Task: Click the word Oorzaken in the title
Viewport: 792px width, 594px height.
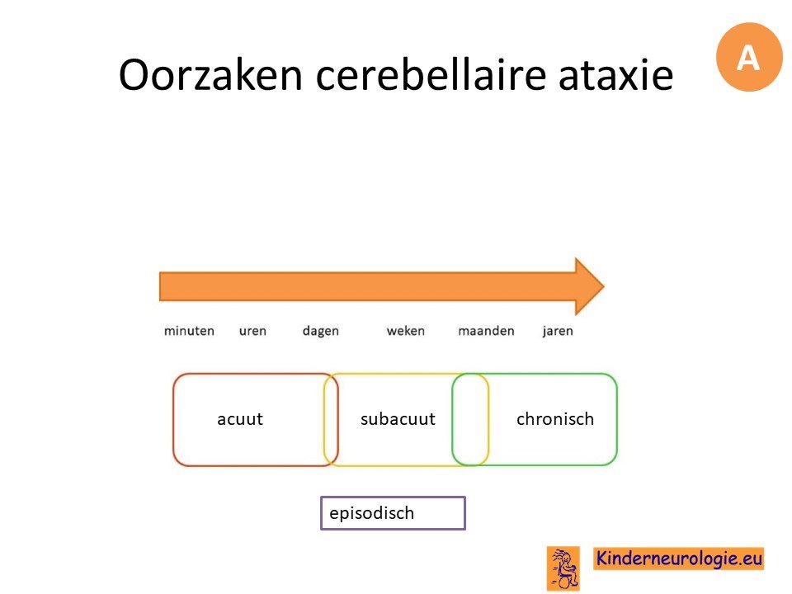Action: [x=210, y=74]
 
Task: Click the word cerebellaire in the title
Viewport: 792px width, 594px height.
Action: [x=431, y=74]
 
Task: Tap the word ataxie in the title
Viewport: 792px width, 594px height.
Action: [x=616, y=74]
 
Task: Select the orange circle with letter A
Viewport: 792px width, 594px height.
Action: [x=749, y=57]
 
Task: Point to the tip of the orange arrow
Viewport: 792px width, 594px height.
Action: [x=604, y=286]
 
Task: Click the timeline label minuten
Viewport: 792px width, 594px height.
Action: [x=189, y=331]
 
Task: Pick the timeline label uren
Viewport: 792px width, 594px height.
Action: [x=252, y=331]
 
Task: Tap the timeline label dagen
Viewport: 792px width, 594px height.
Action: [x=321, y=332]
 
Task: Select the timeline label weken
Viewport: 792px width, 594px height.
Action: [x=406, y=331]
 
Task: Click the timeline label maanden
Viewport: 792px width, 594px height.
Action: [x=486, y=331]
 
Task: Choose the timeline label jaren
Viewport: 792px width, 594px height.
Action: [x=558, y=332]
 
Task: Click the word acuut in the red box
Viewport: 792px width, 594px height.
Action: [x=240, y=419]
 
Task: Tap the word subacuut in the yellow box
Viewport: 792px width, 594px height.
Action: [x=398, y=419]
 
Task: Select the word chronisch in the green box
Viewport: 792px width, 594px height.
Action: [x=555, y=419]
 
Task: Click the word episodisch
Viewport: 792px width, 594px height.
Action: [x=372, y=513]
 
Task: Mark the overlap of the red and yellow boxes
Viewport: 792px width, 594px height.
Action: [x=331, y=419]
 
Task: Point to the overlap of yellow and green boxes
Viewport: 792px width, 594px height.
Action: [x=470, y=419]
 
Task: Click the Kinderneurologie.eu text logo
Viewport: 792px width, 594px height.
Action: [x=678, y=559]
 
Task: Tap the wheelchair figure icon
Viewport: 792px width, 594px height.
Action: [x=563, y=568]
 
